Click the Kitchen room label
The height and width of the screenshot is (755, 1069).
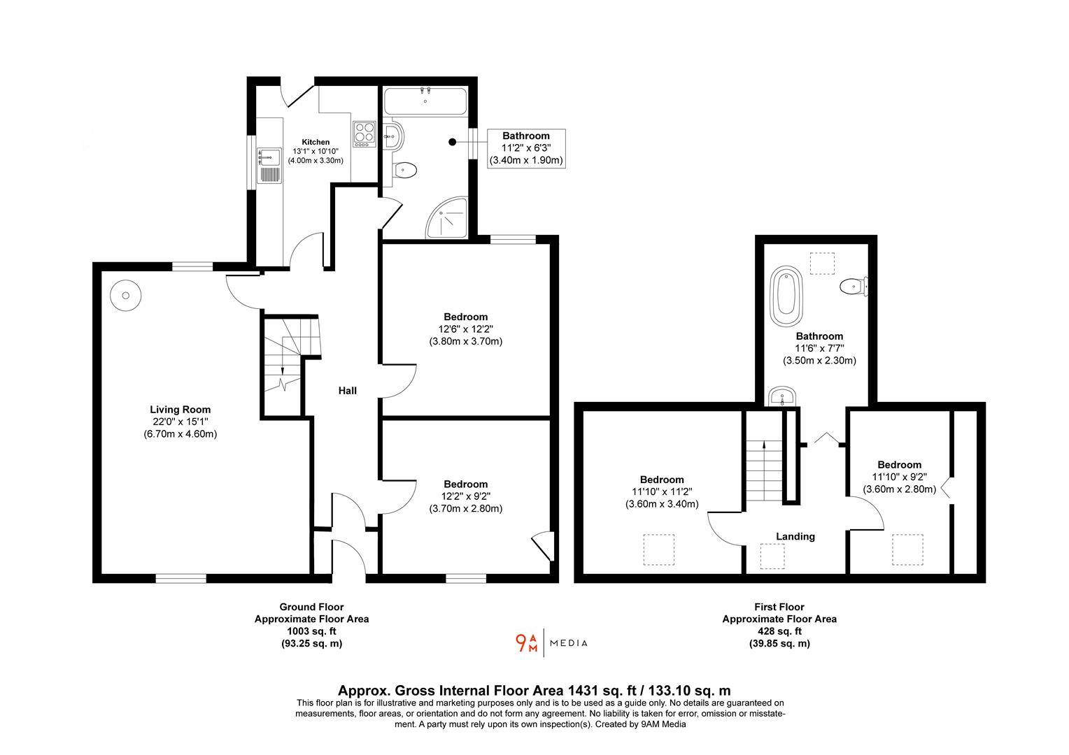point(316,142)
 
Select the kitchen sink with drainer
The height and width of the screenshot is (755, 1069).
point(269,165)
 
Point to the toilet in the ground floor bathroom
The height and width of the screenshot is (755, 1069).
point(405,170)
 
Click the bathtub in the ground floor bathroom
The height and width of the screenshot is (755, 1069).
point(425,102)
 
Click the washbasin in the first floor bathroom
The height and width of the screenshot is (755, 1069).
point(780,397)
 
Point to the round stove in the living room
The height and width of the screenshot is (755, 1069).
point(126,295)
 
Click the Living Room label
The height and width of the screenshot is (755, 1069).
point(180,410)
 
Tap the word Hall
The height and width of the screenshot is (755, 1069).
point(348,391)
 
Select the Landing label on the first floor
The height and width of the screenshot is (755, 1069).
point(795,537)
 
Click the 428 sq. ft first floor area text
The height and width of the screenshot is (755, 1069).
point(779,631)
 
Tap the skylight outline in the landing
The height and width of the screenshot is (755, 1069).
point(772,556)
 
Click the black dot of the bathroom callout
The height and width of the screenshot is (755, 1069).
point(452,143)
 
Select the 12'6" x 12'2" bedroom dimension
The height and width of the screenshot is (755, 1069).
point(466,329)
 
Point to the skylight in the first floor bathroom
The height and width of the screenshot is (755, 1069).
point(822,263)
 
